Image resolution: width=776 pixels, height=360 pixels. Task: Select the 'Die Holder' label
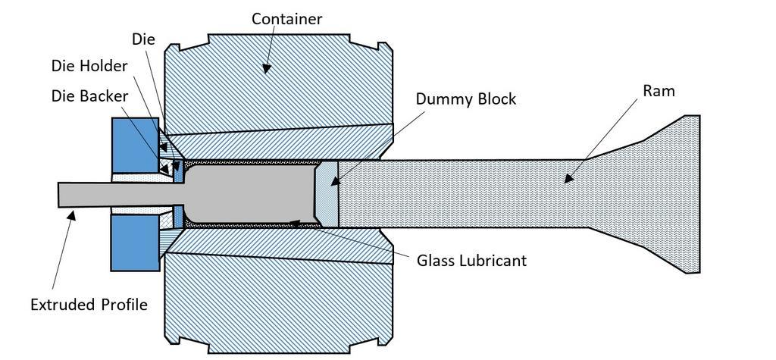(x=90, y=66)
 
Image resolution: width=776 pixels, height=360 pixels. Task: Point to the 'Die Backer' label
(x=90, y=96)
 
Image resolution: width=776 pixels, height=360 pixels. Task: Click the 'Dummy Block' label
(x=465, y=99)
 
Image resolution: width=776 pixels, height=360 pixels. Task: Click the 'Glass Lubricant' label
(x=471, y=261)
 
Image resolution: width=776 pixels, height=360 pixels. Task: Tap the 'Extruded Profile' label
(x=89, y=305)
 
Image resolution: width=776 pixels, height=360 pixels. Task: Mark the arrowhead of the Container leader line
(x=266, y=70)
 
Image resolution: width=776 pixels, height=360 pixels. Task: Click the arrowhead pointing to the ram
(x=564, y=180)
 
